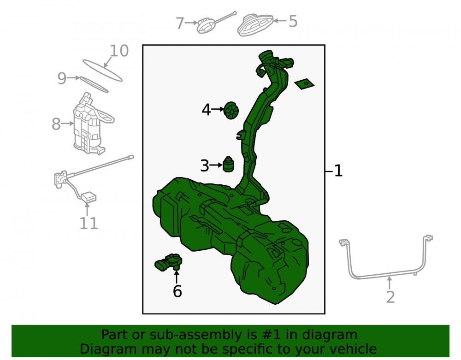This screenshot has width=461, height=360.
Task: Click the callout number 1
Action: coord(338,171)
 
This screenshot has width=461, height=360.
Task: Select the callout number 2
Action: coord(390,297)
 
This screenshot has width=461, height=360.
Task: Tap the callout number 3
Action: coord(205,166)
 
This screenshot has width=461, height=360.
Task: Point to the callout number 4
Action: coord(207,110)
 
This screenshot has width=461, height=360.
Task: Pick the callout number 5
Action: coord(293,21)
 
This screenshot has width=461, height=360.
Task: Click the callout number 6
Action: coord(177,291)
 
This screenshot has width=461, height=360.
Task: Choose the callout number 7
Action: coord(180,23)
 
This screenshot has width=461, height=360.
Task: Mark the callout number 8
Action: coord(56,124)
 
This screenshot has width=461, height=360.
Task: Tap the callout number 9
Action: coord(62,78)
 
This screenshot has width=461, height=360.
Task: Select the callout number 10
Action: coord(119,51)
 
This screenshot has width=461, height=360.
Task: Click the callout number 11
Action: coord(89,224)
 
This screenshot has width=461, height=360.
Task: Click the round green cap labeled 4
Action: coord(231,111)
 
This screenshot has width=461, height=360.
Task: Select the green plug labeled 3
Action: coord(229,164)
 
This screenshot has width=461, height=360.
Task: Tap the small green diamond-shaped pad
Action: coord(304,84)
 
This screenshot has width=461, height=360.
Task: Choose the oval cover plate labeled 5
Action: coord(255,24)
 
